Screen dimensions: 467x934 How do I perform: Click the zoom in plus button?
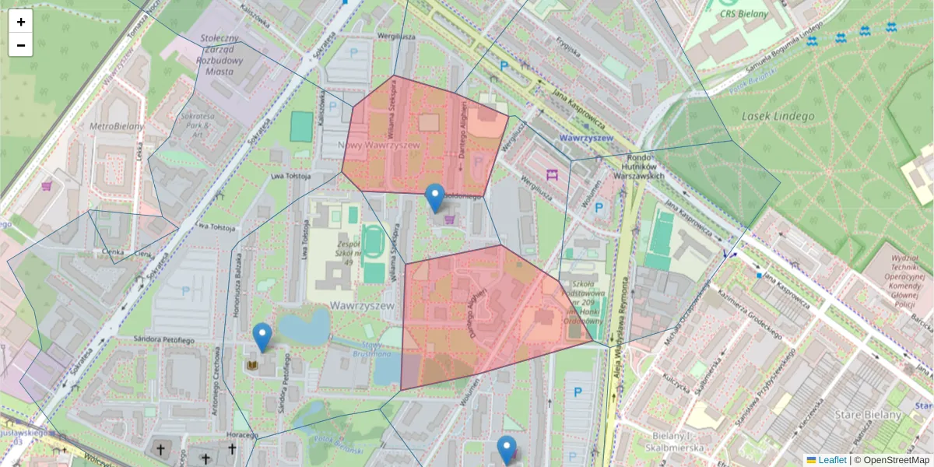point(21,22)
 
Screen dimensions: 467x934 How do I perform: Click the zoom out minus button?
point(21,45)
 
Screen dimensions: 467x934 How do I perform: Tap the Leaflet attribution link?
point(832,460)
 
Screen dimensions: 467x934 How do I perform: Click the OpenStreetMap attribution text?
point(896,460)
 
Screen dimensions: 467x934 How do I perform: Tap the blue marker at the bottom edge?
point(507,450)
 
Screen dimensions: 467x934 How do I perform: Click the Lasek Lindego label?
point(778,117)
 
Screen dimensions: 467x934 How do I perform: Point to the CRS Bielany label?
point(743,14)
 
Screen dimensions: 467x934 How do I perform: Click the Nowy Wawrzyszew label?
point(381,145)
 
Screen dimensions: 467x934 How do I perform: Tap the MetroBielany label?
point(118,126)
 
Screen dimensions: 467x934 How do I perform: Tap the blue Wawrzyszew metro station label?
point(586,138)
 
